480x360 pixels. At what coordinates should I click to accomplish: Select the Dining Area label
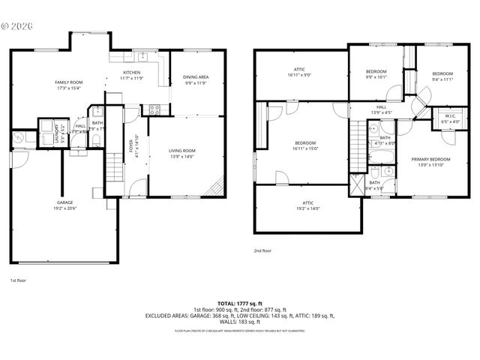(x=195, y=80)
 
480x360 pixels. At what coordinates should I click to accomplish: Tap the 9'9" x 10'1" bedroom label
(x=376, y=73)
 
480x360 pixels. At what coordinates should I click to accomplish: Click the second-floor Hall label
(x=382, y=109)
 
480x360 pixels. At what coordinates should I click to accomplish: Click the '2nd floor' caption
(x=262, y=250)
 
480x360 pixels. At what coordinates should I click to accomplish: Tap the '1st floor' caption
(x=18, y=280)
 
